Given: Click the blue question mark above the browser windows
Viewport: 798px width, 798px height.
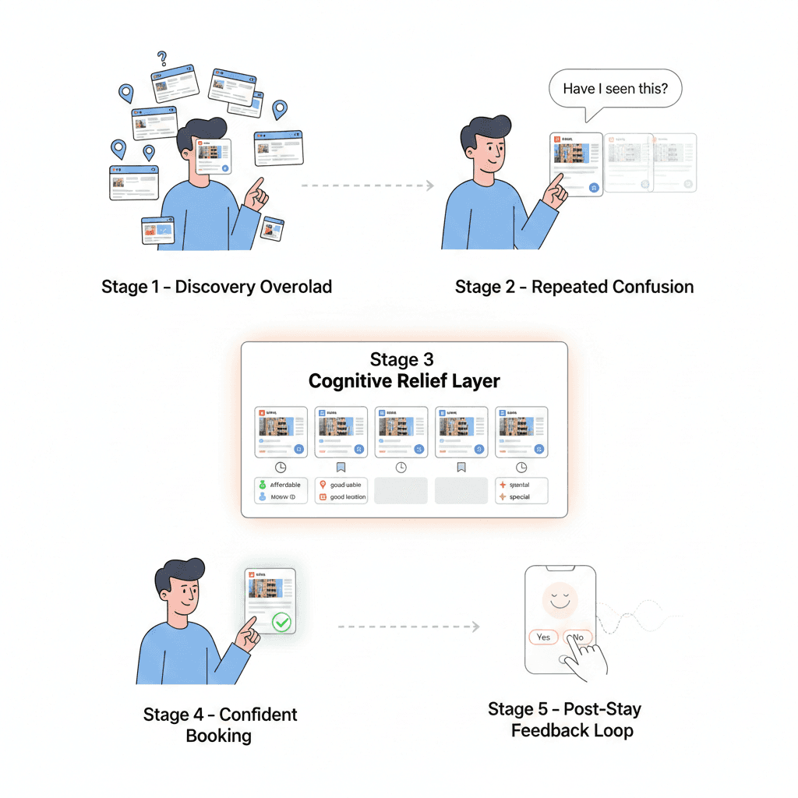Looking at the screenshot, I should click(x=162, y=58).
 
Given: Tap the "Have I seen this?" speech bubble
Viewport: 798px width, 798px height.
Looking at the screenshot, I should click(x=614, y=89).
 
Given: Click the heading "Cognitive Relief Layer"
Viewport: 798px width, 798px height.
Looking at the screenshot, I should click(x=404, y=381).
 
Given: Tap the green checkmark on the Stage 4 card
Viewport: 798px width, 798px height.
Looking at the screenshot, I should click(x=281, y=622).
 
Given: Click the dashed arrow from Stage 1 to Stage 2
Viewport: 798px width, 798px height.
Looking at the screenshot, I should click(x=367, y=185).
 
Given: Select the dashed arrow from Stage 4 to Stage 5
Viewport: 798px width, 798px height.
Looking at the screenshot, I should click(x=408, y=626).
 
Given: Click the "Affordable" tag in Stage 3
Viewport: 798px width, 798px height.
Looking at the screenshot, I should click(x=284, y=485).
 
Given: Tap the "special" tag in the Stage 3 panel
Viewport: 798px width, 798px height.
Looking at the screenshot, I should click(x=519, y=496).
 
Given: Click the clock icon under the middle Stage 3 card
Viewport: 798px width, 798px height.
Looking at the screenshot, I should click(x=401, y=467).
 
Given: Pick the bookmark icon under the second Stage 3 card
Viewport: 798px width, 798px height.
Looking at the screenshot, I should click(x=341, y=467).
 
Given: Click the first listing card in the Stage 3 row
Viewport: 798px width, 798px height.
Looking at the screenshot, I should click(x=281, y=432).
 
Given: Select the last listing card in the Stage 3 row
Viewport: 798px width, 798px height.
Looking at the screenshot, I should click(x=521, y=432).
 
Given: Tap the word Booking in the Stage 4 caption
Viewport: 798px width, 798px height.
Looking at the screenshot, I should click(x=218, y=735).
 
